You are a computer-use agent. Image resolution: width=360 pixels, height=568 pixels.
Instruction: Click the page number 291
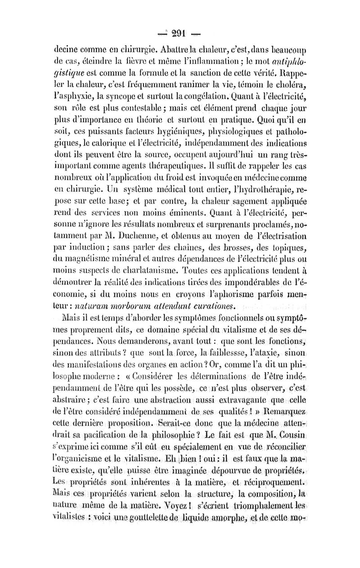click(180, 32)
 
